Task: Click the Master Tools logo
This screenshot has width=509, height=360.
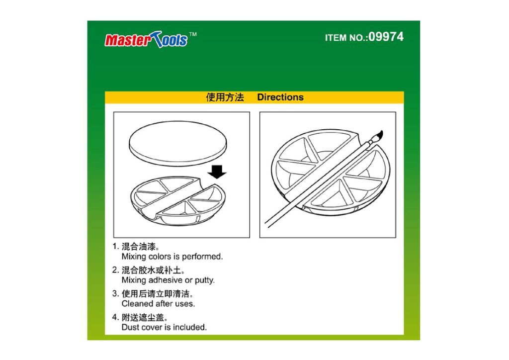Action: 146,40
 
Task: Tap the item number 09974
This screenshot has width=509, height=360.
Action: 386,37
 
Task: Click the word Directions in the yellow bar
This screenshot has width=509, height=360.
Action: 280,97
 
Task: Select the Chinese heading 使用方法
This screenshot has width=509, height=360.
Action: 225,97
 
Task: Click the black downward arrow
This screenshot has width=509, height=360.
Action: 217,172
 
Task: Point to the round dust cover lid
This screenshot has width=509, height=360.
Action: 178,144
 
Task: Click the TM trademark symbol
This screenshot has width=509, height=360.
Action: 193,34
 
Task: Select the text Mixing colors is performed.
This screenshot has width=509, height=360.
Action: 172,257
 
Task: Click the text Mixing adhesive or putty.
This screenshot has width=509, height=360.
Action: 168,280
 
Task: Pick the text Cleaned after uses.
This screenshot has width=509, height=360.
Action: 158,303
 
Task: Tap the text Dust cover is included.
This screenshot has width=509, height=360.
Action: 164,327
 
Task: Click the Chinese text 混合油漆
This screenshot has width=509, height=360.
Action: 139,247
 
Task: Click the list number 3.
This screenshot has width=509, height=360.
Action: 115,294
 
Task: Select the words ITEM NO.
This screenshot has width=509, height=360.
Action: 346,38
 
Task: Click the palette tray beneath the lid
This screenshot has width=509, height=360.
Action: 177,201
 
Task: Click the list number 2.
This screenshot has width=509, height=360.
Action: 115,270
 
